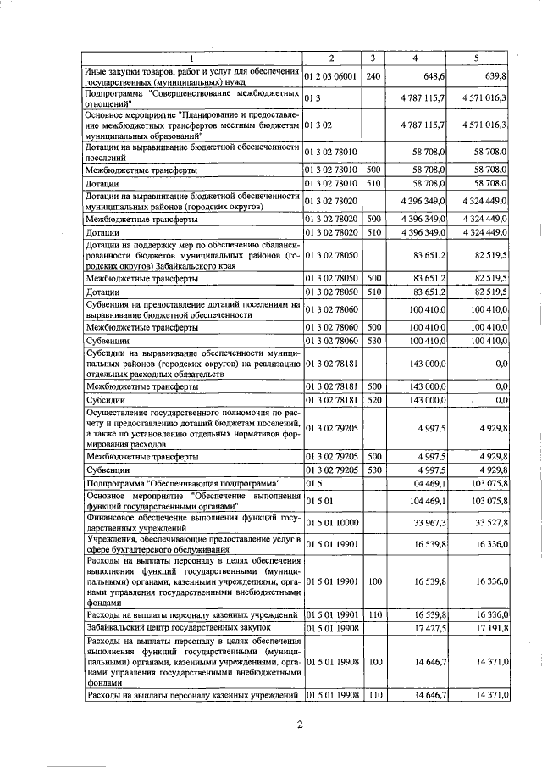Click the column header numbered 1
[x=191, y=58]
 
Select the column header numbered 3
[x=373, y=58]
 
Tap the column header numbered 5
[x=476, y=58]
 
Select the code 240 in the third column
[x=373, y=76]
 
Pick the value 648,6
[x=432, y=76]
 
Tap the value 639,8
[x=494, y=76]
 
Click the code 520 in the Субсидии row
[x=373, y=399]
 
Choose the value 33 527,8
[x=489, y=523]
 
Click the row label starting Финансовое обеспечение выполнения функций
[x=191, y=523]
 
